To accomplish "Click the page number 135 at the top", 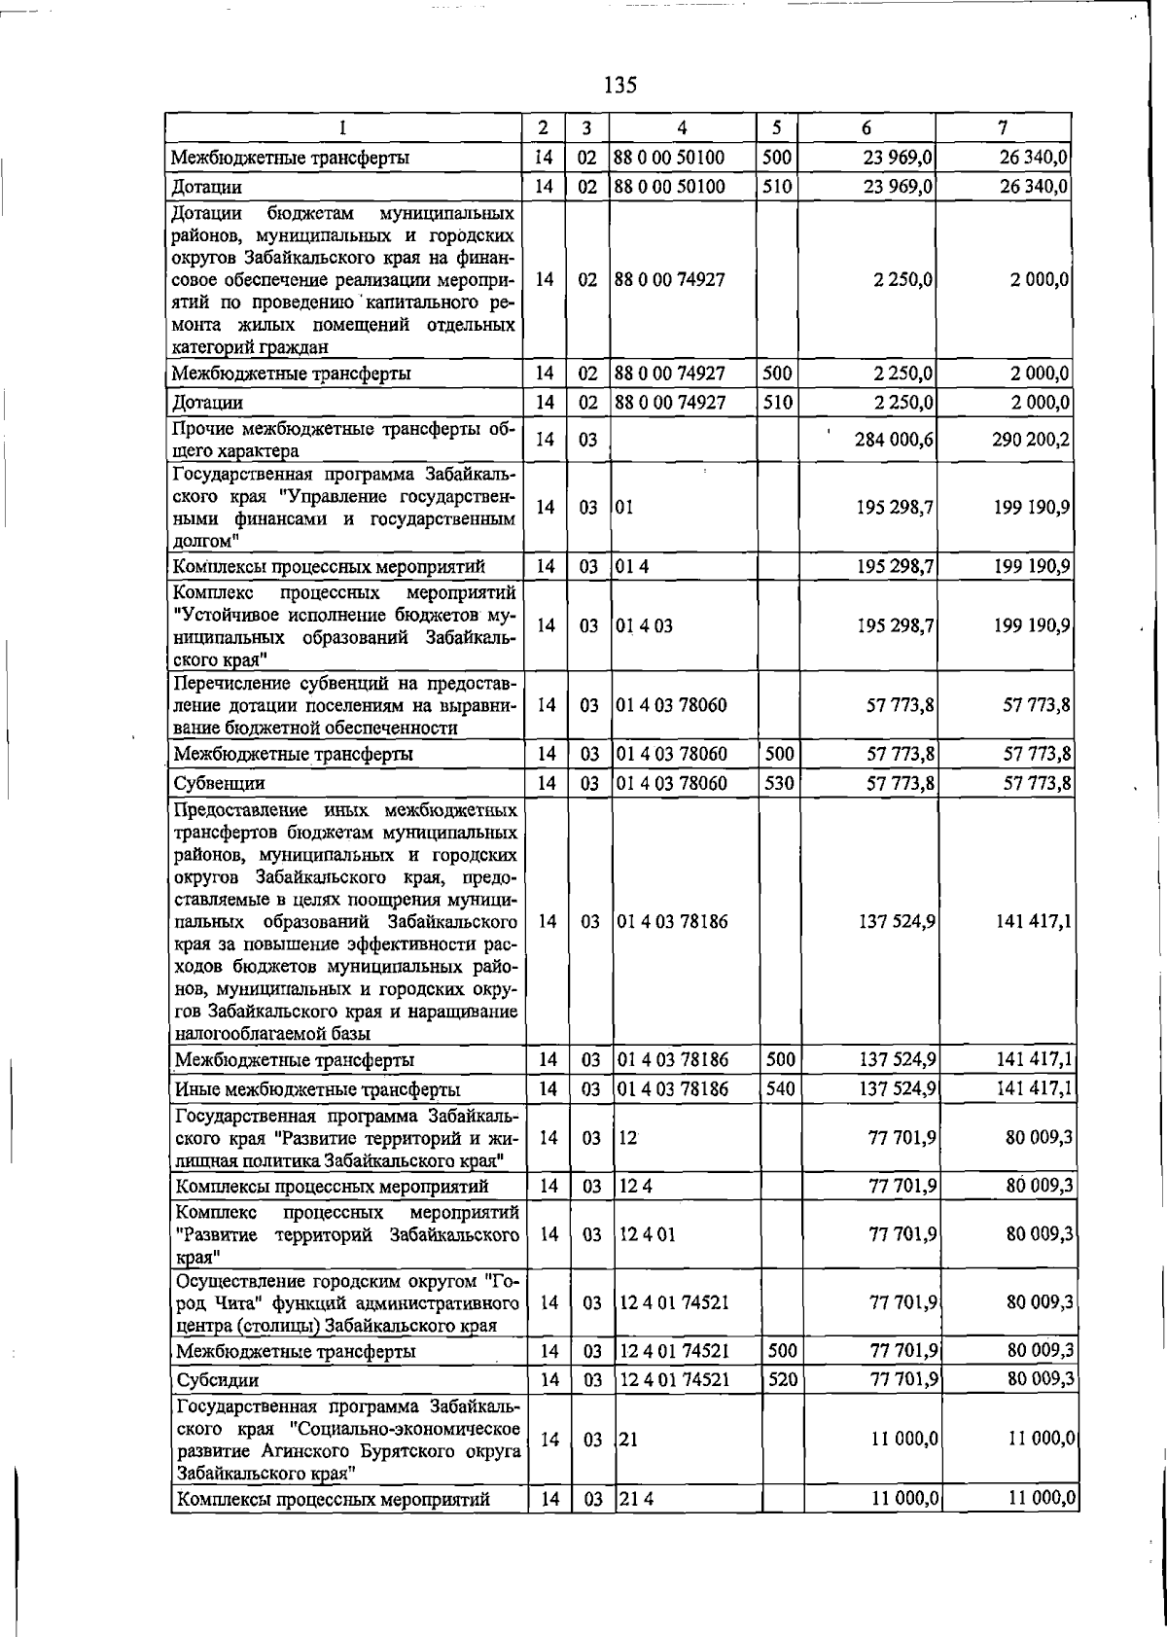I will [x=619, y=86].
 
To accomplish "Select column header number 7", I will [x=1003, y=127].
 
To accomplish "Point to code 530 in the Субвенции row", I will [x=781, y=782].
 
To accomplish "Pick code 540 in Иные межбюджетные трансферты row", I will [x=781, y=1088].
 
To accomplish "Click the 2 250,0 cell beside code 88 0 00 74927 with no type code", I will [x=903, y=279].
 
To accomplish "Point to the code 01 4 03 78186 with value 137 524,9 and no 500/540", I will [x=672, y=920].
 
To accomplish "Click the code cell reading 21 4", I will [x=636, y=1499].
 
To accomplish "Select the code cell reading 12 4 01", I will [x=648, y=1233].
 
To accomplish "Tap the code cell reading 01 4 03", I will [x=645, y=625].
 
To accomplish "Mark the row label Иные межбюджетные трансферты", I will [x=318, y=1089].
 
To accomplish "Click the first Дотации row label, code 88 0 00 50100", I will [x=206, y=187].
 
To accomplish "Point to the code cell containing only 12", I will [x=628, y=1136].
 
